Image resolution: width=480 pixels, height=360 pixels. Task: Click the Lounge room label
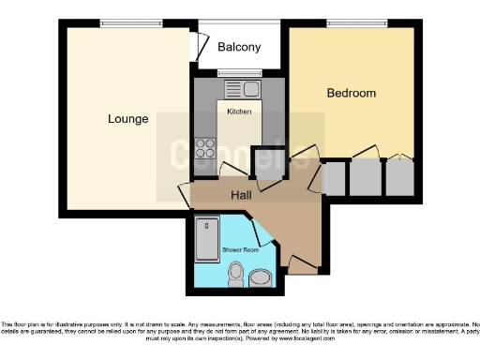pos(127,119)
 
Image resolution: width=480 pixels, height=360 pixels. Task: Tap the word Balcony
pos(239,47)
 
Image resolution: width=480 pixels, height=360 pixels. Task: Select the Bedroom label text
pos(351,93)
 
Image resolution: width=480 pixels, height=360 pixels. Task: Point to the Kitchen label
pos(239,112)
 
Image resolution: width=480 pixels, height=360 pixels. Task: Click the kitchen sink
pos(246,90)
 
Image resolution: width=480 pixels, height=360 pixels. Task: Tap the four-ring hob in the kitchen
pos(203,148)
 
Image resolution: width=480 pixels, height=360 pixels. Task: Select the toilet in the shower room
pos(235,275)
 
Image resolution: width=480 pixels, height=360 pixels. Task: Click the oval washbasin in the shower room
pos(260,277)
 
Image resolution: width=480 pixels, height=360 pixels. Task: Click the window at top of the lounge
pos(127,23)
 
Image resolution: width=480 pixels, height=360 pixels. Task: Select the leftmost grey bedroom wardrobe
pos(333,177)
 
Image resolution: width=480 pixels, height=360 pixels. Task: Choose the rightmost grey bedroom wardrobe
pos(399,177)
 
